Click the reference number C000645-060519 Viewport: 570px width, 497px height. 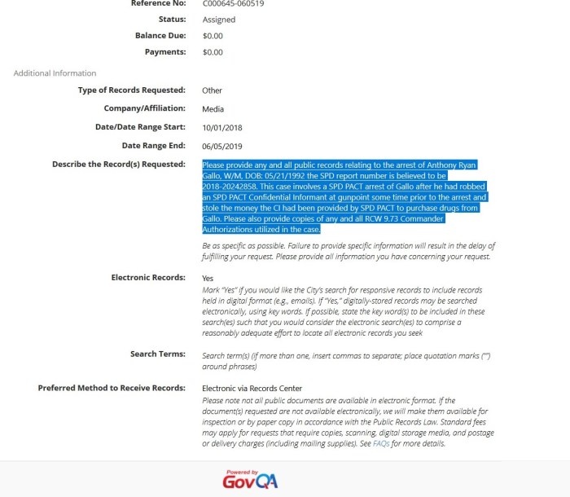click(233, 3)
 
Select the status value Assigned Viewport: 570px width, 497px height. click(219, 20)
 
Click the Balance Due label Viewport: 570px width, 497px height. click(160, 36)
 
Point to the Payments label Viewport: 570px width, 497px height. click(165, 52)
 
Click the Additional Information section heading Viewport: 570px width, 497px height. click(55, 73)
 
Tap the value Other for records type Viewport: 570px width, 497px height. click(212, 90)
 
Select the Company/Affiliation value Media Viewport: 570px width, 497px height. click(213, 109)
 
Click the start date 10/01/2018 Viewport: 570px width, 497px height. click(221, 128)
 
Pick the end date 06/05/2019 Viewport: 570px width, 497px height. click(221, 146)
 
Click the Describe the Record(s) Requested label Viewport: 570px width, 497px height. click(119, 165)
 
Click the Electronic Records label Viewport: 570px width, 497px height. click(148, 278)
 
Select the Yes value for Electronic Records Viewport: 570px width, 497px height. click(208, 279)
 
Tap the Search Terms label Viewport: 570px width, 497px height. click(158, 354)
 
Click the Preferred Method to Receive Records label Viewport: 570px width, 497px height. click(112, 388)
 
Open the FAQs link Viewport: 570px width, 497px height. click(380, 444)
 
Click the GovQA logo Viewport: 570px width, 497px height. click(250, 479)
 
